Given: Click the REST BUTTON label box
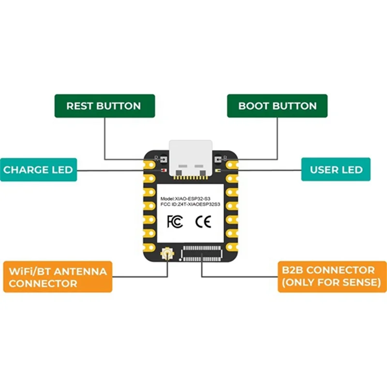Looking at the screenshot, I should click(x=104, y=106).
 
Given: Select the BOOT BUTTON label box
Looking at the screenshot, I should click(x=277, y=106).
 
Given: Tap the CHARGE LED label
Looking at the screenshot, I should click(x=38, y=170).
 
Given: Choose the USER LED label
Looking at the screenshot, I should click(x=336, y=170).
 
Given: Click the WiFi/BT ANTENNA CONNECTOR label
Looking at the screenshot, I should click(x=58, y=277).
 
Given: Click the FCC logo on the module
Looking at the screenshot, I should click(x=174, y=222).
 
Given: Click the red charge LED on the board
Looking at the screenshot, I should click(x=163, y=170).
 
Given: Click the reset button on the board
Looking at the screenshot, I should click(x=163, y=159).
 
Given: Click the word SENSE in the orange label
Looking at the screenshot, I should click(x=360, y=283).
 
